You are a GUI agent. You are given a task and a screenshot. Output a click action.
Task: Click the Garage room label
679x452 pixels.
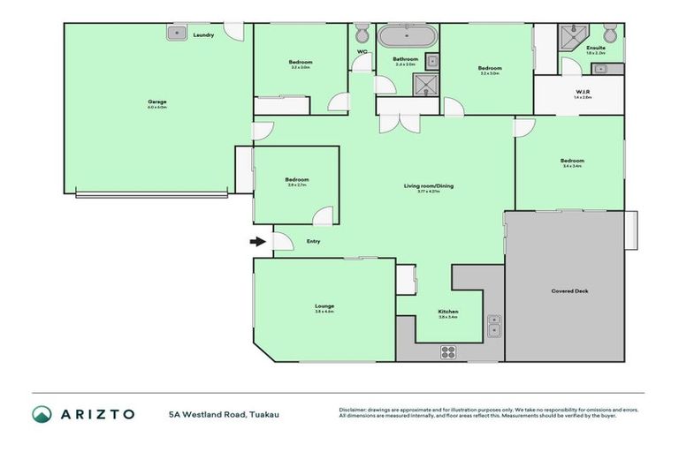[x=157, y=102]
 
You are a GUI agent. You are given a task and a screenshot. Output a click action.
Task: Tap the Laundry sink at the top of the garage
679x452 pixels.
[x=173, y=34]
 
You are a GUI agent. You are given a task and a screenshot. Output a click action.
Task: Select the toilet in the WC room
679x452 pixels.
[x=362, y=34]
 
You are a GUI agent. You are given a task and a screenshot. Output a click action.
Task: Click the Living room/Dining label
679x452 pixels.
[x=422, y=185]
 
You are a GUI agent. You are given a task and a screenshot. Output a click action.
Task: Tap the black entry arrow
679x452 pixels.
[x=257, y=240]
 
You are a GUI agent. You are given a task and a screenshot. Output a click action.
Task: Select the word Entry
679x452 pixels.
[x=313, y=241]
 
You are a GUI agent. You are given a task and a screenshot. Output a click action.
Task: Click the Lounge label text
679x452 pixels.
[x=324, y=306]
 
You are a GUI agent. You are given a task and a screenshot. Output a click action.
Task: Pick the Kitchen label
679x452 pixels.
[x=447, y=312]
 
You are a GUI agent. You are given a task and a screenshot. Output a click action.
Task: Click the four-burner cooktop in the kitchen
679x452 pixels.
[x=448, y=351]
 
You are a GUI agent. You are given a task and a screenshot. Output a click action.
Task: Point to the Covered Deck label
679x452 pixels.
[x=569, y=290]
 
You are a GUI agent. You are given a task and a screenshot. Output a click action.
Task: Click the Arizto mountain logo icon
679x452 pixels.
[x=42, y=414]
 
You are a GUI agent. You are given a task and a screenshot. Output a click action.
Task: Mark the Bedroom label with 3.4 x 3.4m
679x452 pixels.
[x=571, y=161]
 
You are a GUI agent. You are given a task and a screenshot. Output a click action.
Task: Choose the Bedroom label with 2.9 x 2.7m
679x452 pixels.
[x=296, y=179]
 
